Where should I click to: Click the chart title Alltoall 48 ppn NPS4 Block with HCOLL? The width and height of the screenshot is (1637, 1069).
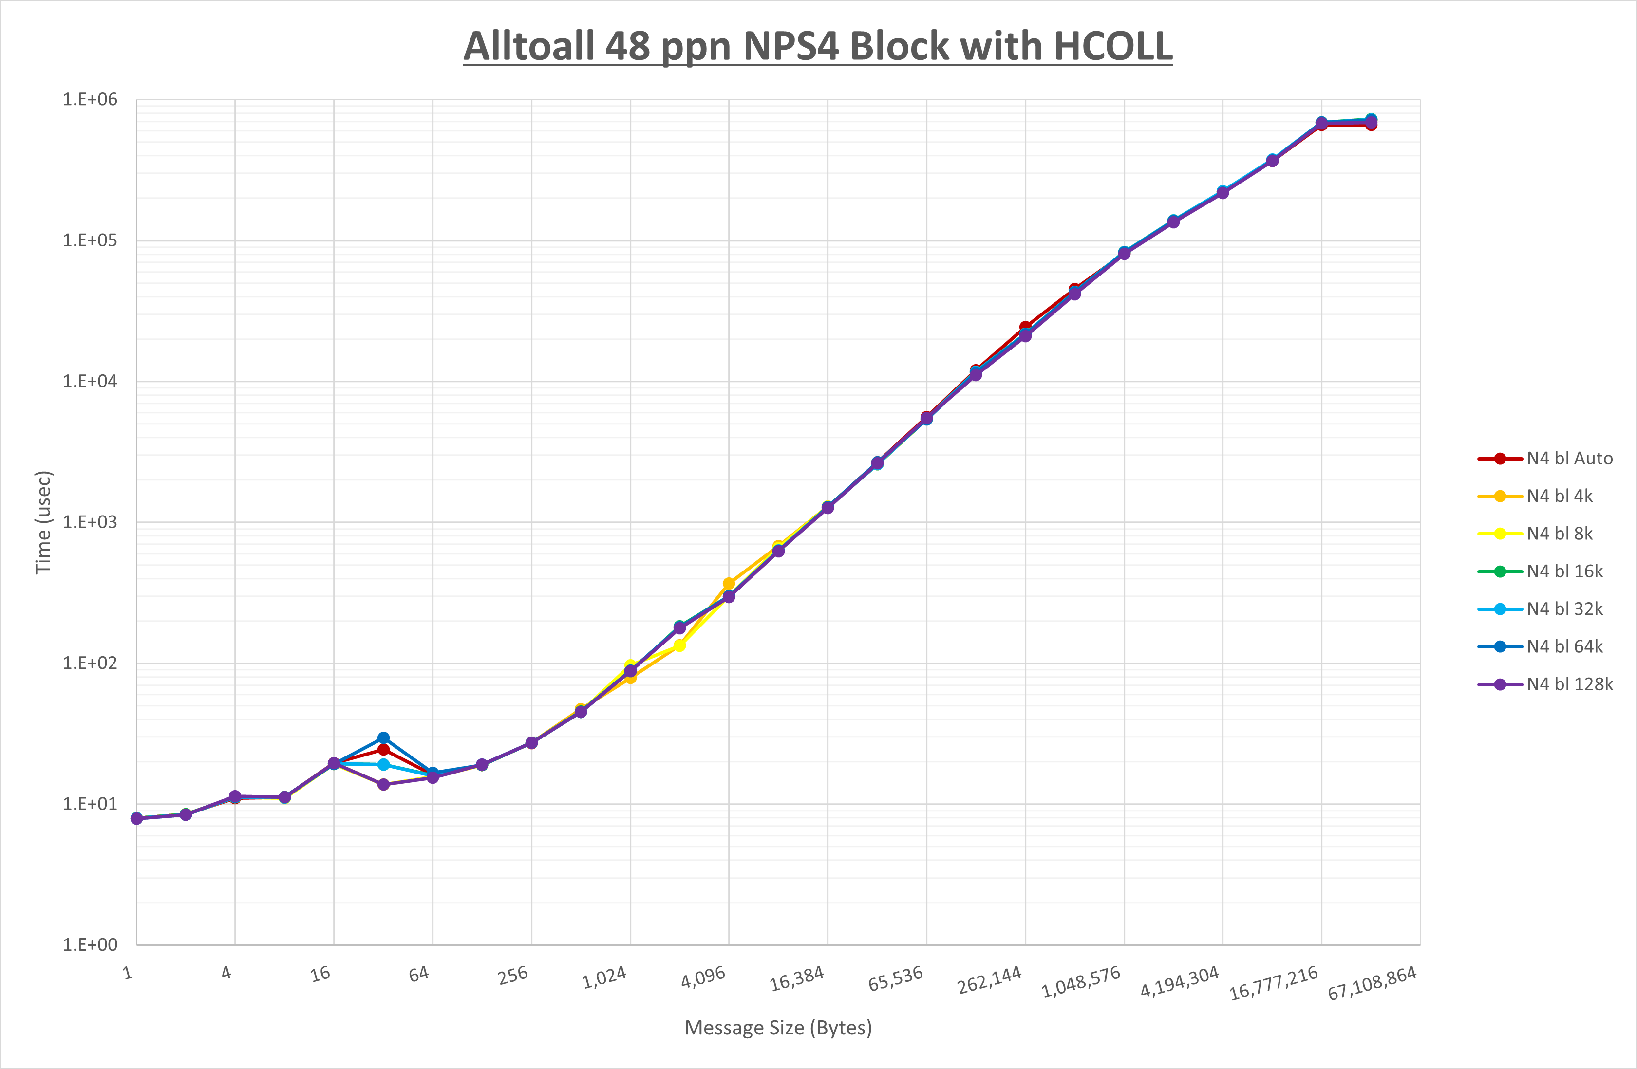[818, 47]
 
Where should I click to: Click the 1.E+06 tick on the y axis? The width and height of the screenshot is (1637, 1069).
[90, 100]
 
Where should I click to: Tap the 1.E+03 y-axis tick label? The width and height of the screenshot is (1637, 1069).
[90, 522]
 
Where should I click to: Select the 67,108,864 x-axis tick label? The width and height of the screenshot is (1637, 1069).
[1372, 983]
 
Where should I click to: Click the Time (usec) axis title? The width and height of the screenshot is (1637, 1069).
[43, 522]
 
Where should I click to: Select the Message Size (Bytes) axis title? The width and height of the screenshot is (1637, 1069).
[778, 1028]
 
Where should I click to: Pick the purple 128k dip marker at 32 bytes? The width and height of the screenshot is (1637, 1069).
[384, 784]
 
